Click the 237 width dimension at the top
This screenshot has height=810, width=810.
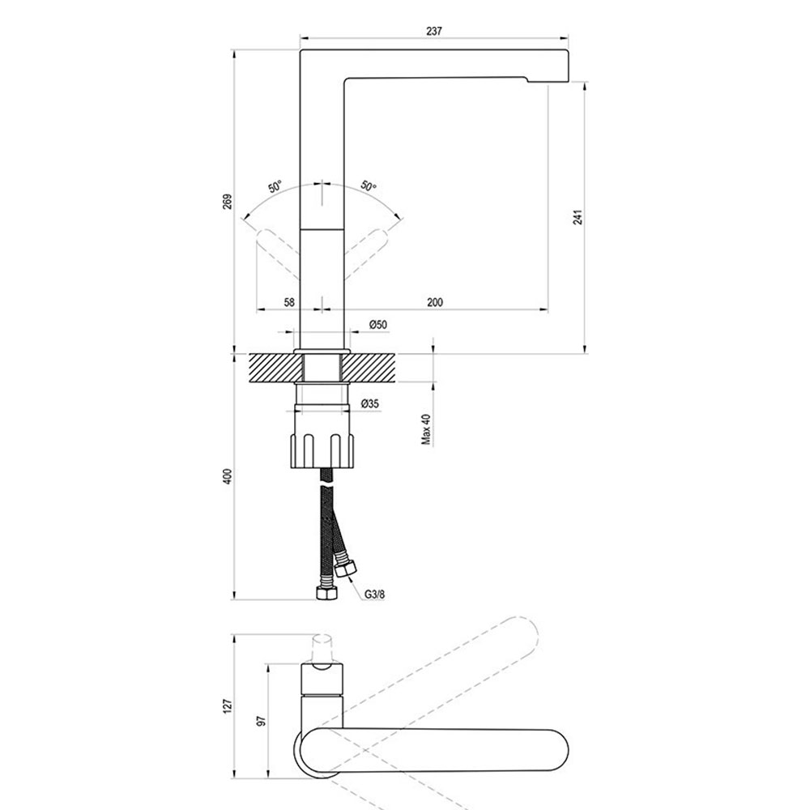tap(434, 31)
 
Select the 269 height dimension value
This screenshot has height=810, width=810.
tap(228, 202)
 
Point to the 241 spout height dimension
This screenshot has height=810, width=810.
tap(578, 217)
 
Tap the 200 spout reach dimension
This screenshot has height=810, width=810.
tap(435, 302)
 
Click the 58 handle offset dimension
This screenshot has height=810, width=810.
tap(289, 302)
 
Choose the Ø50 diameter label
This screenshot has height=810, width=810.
tap(378, 325)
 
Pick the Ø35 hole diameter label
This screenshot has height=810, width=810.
tap(370, 403)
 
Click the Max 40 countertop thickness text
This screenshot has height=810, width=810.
tap(426, 429)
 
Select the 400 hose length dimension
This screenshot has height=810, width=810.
tap(228, 476)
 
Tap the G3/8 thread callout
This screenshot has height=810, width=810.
tap(374, 595)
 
